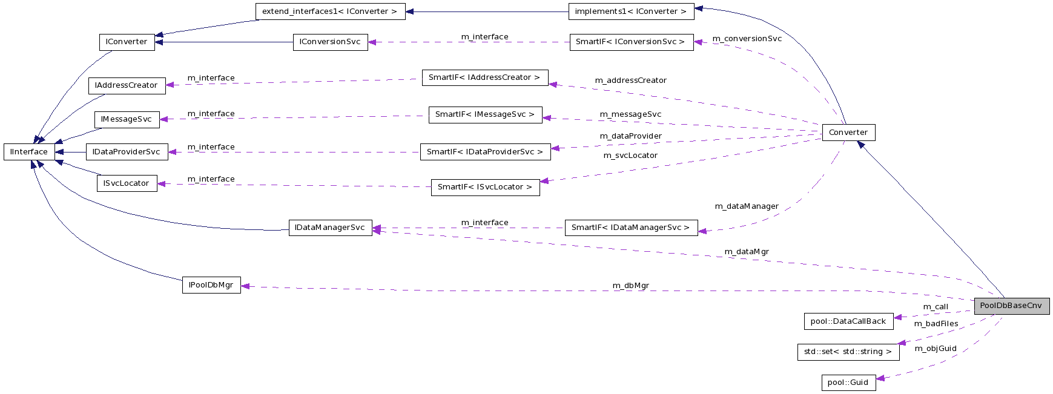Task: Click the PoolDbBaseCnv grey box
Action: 1011,306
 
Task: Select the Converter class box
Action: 848,133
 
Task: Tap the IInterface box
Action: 28,152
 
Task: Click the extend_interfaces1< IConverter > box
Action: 329,11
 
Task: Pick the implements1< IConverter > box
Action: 630,11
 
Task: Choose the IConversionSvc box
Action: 330,42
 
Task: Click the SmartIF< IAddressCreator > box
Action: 484,77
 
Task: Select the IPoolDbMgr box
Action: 211,285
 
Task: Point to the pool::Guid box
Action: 848,383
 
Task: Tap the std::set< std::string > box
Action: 848,352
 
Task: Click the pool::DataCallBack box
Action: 848,321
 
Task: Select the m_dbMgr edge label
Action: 630,286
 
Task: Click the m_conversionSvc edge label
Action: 747,39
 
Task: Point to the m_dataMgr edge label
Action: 747,252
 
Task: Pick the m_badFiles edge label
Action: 936,324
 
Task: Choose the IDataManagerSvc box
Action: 330,228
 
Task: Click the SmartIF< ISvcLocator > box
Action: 484,187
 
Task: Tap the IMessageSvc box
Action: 127,119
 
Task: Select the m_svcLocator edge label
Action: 630,156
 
